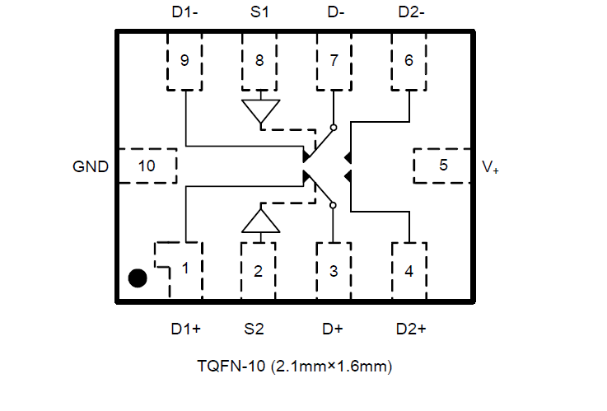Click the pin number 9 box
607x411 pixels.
[x=184, y=61]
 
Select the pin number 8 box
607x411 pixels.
[x=259, y=61]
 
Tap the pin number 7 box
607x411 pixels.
[x=334, y=61]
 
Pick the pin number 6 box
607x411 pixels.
[x=409, y=61]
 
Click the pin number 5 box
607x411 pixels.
[x=443, y=166]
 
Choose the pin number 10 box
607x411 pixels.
[x=147, y=166]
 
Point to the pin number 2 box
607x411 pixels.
[x=259, y=269]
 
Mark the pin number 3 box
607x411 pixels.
[x=334, y=269]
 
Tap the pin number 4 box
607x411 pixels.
[x=409, y=269]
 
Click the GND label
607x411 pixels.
[x=91, y=166]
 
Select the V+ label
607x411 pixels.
[x=490, y=167]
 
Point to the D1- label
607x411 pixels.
[x=184, y=13]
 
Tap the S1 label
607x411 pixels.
[x=259, y=13]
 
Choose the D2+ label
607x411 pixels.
[x=411, y=329]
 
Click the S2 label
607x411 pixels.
[x=254, y=329]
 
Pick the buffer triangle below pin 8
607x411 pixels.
[x=261, y=111]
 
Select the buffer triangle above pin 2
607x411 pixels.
[x=261, y=221]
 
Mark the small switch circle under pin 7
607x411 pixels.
[x=334, y=128]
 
